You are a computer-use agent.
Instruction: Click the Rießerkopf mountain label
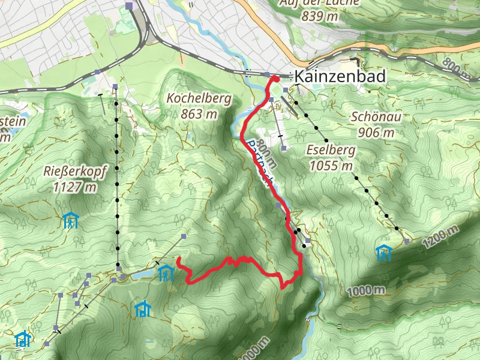tap(75, 172)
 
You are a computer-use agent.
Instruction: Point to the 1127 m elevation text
tap(75, 187)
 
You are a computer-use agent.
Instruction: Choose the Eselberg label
tap(331, 150)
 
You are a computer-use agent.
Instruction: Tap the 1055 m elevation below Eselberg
tap(331, 166)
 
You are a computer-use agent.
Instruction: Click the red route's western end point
tap(179, 259)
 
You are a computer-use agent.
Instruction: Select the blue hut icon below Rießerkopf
tap(71, 221)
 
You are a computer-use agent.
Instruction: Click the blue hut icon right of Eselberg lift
tap(383, 253)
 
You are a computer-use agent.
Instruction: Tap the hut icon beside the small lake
tap(165, 274)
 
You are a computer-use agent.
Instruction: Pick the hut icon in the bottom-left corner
tap(23, 340)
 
